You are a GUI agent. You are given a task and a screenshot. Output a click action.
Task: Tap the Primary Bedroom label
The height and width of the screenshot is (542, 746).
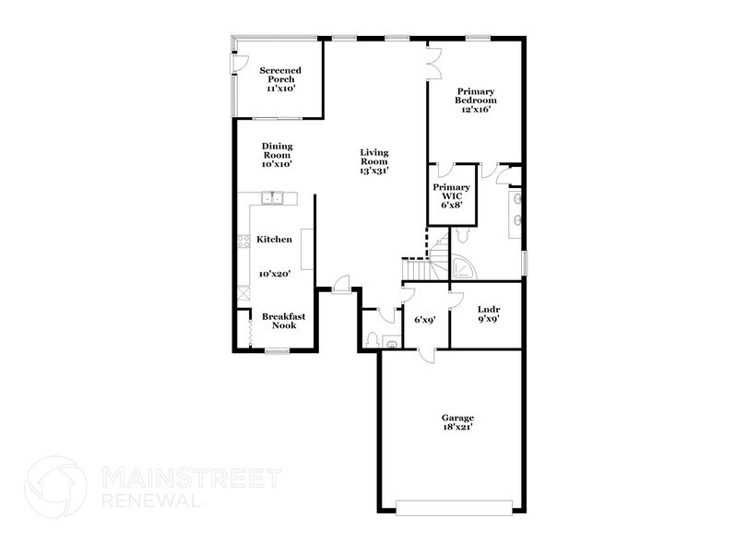click(475, 100)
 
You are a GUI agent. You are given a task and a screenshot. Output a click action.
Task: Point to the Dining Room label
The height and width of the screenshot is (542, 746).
click(277, 155)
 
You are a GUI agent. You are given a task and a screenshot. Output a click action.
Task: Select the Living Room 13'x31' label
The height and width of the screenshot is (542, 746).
click(373, 161)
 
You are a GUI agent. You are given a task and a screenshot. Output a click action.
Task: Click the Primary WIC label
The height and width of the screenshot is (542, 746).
click(451, 195)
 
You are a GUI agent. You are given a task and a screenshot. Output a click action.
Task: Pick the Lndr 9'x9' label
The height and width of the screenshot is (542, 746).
click(488, 314)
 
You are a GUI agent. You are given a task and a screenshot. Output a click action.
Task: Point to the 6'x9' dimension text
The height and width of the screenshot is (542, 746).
click(424, 320)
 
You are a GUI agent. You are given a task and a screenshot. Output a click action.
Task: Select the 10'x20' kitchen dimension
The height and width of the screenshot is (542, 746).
click(275, 274)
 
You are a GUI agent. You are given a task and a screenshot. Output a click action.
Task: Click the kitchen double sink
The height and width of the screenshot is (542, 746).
click(274, 197)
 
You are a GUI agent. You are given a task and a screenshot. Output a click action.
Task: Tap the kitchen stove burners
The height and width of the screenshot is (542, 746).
click(244, 242)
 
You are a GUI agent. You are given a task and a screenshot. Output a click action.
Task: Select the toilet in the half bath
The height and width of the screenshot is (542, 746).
click(371, 341)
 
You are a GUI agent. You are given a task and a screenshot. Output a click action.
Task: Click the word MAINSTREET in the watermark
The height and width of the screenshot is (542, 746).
click(189, 477)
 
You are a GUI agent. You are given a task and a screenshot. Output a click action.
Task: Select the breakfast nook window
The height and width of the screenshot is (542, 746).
click(276, 351)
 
